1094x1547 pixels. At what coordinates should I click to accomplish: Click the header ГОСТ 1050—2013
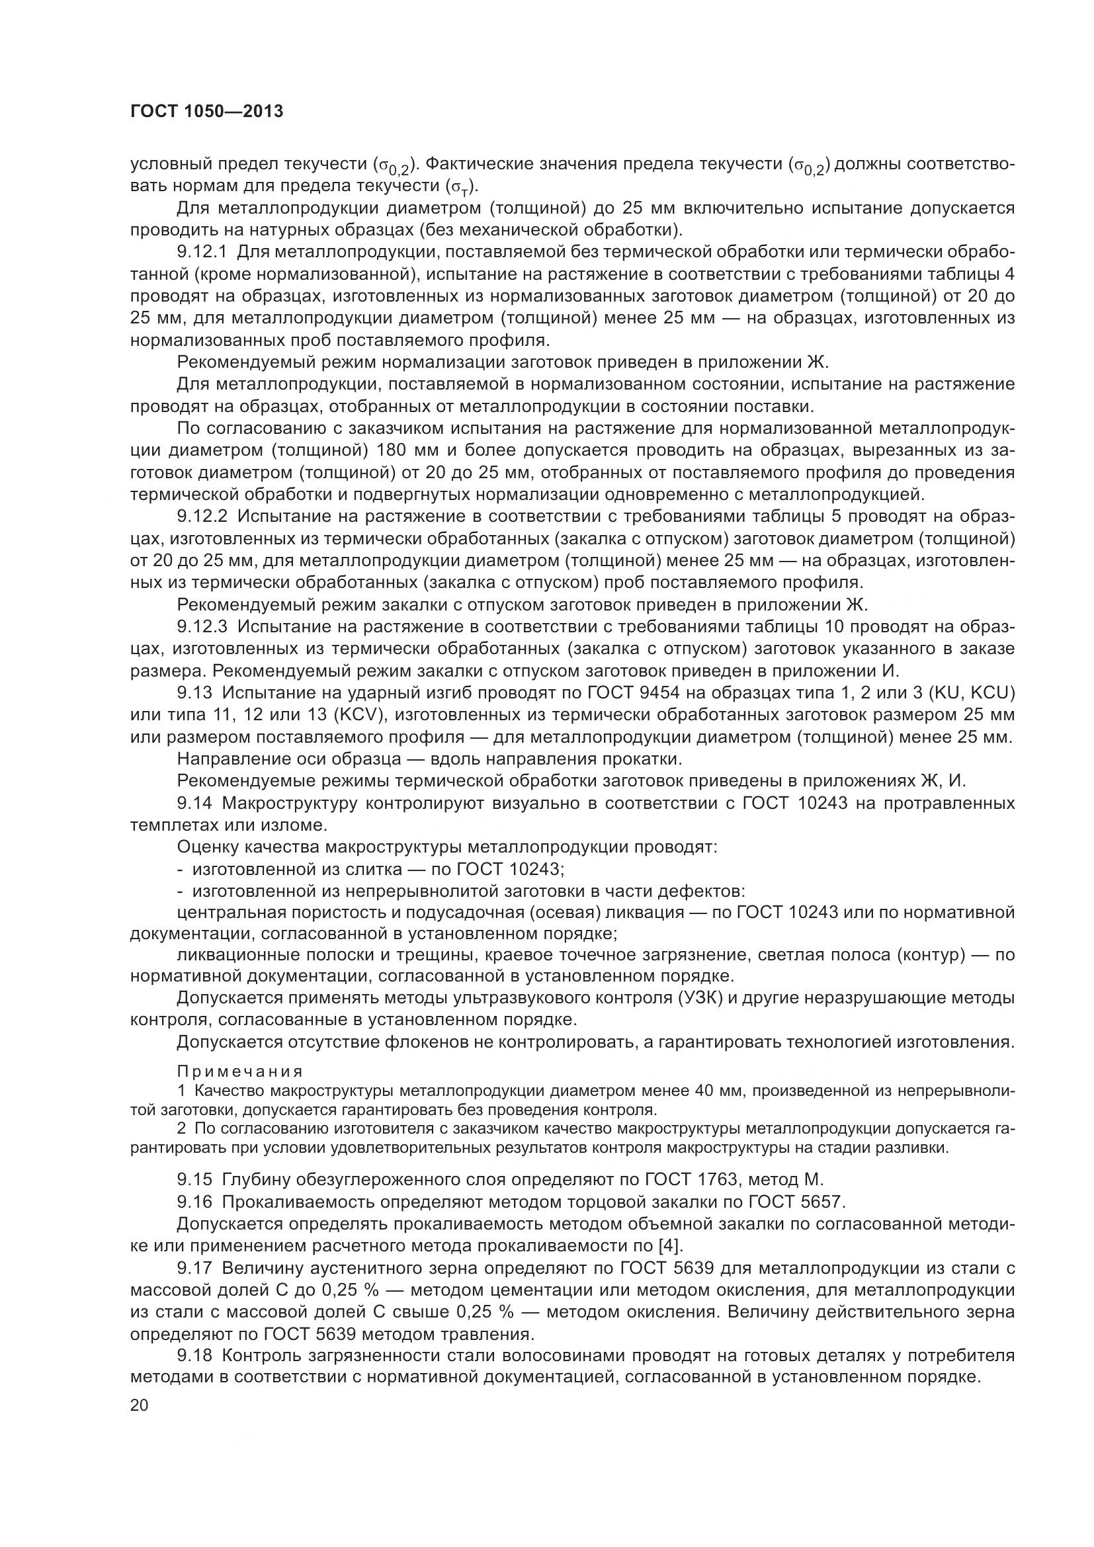coord(206,112)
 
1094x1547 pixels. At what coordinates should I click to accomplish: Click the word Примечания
coord(240,1071)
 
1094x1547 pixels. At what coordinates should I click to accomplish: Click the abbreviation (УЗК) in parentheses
coord(699,998)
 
